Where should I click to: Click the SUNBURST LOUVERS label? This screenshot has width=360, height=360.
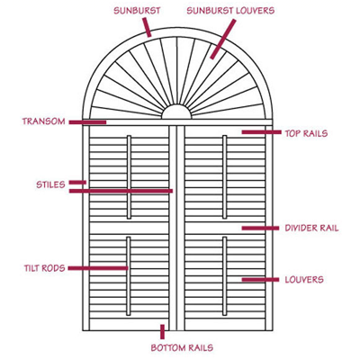[x=230, y=11]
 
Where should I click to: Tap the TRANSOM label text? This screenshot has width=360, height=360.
[x=43, y=121]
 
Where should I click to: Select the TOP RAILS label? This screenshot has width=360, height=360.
[x=306, y=133]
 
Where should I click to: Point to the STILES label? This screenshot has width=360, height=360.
[x=50, y=184]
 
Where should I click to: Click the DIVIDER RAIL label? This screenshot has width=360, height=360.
[x=311, y=228]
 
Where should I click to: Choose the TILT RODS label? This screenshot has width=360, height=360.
[x=45, y=268]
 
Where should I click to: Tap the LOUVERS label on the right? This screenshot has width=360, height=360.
[x=304, y=280]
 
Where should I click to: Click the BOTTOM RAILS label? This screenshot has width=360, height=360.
[x=182, y=348]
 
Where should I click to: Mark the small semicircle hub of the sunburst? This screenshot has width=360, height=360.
[x=176, y=112]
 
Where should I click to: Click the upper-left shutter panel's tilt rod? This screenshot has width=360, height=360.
[x=129, y=177]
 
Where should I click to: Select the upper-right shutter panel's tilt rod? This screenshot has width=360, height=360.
[x=225, y=177]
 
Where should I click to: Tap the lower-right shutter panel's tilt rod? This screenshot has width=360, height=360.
[x=225, y=276]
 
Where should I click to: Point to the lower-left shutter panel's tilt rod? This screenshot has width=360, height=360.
[x=129, y=276]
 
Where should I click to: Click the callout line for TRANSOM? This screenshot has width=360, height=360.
[x=87, y=122]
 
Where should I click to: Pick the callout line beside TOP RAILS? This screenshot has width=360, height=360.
[x=261, y=132]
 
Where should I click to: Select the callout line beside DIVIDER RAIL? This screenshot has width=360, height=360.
[x=260, y=229]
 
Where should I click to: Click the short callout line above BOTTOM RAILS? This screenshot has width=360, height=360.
[x=162, y=332]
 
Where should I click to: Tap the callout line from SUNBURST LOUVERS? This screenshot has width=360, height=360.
[x=222, y=40]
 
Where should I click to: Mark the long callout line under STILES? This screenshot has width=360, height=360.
[x=121, y=191]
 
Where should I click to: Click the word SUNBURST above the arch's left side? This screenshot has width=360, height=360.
[x=137, y=11]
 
